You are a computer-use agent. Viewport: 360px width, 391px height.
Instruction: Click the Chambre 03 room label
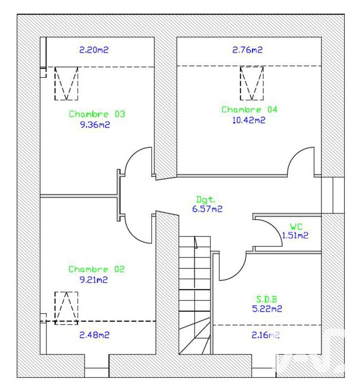[97, 114]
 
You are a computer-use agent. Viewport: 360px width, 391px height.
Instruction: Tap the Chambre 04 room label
[250, 109]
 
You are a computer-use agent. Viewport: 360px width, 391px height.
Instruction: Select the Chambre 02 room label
[96, 269]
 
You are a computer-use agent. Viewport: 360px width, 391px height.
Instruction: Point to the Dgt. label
[206, 199]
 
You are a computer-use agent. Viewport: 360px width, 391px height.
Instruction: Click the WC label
[296, 227]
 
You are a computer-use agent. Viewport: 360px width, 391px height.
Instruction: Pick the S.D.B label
[267, 299]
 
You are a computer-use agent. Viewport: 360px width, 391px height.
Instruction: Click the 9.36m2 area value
[95, 125]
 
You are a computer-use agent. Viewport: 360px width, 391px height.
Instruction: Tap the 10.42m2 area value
[249, 120]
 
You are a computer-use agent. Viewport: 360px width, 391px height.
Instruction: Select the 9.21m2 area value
[94, 280]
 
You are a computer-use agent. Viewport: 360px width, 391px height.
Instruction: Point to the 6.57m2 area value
[207, 209]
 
